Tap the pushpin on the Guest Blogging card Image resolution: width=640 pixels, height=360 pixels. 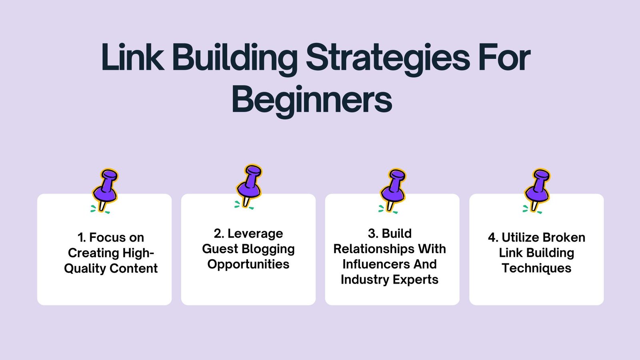coord(248,186)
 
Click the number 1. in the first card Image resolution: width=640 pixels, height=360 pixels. coord(82,238)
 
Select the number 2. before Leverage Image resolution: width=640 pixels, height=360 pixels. coord(219,234)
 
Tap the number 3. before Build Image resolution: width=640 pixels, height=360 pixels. coord(373,234)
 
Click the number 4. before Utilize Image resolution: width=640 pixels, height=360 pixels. coord(493,238)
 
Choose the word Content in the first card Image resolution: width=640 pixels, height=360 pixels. coord(134,268)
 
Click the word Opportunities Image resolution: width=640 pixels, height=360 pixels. coord(248,264)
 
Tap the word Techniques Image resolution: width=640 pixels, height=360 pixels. coord(536,268)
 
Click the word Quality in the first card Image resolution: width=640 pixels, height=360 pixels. coord(85,269)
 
